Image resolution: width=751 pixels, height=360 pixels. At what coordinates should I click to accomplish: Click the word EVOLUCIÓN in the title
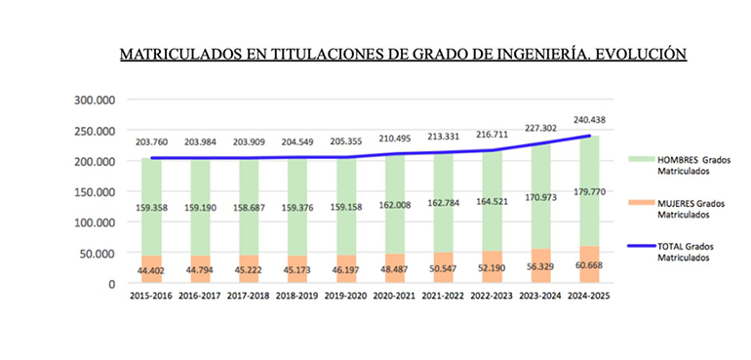[x=635, y=54]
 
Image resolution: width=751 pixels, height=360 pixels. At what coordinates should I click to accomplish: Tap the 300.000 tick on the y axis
[x=94, y=100]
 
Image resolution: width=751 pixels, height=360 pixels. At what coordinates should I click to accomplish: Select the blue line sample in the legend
[x=636, y=249]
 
